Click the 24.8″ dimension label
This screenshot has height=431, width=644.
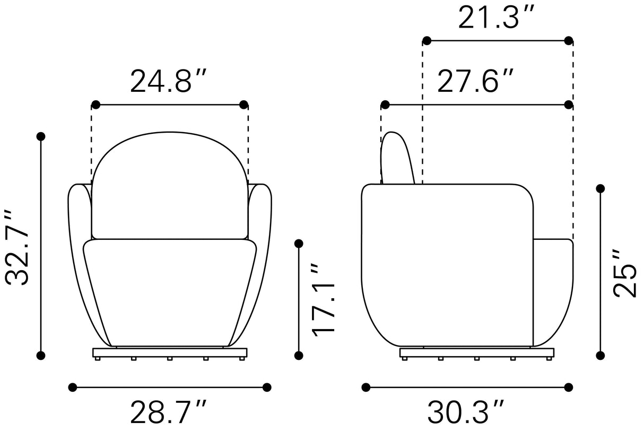point(168,81)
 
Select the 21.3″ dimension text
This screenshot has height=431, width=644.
point(496,17)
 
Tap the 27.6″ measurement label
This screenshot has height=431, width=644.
point(475,81)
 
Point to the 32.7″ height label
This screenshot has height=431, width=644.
point(17,247)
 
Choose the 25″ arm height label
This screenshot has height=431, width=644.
point(625,273)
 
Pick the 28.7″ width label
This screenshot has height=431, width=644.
point(168,412)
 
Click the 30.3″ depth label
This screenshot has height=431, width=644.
point(465,412)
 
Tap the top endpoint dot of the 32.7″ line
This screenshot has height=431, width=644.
point(41,136)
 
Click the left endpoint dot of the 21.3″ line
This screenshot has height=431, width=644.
point(427,41)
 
